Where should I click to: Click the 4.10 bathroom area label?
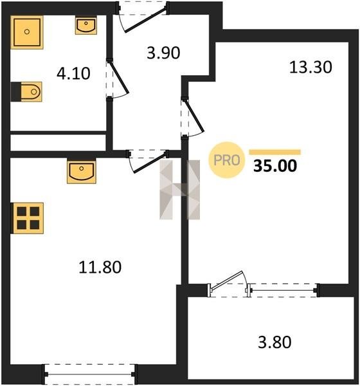[x=73, y=73]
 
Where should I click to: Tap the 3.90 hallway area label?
[x=163, y=53]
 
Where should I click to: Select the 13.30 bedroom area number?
[x=310, y=67]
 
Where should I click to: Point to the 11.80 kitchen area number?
[x=100, y=268]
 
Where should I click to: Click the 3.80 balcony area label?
[x=274, y=342]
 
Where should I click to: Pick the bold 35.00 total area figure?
[x=275, y=166]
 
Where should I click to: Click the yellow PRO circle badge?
[x=227, y=160]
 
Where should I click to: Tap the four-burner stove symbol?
[x=28, y=218]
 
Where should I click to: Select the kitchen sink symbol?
[x=82, y=172]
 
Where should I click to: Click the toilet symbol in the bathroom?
[x=27, y=92]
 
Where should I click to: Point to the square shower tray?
[x=27, y=32]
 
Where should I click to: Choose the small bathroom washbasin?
[x=86, y=25]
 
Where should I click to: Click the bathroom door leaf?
[x=119, y=77]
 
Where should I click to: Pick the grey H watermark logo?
[x=180, y=190]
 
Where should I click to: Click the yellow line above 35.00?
[x=274, y=152]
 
